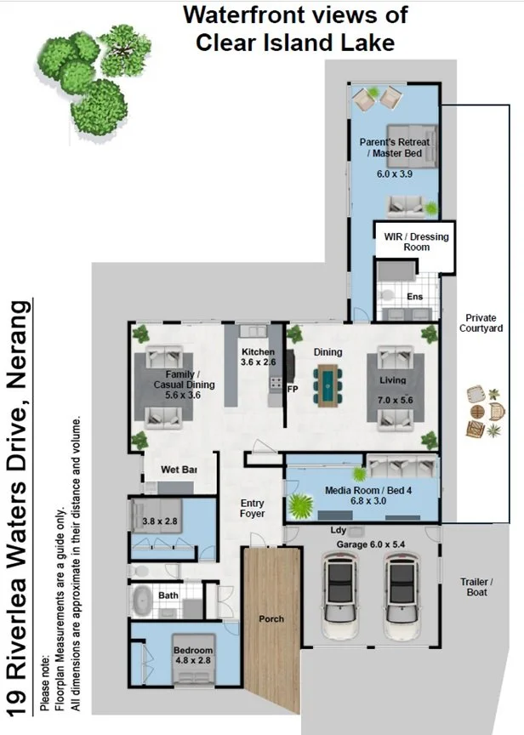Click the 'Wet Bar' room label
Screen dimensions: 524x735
click(x=179, y=470)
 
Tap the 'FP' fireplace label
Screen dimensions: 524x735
click(x=293, y=389)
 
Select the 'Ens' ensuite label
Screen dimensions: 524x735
click(x=415, y=296)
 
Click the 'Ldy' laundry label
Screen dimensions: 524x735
click(x=338, y=530)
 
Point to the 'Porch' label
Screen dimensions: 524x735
click(x=271, y=618)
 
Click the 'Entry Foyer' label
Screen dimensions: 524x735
click(x=252, y=508)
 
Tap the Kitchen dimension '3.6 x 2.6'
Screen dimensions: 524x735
click(x=259, y=362)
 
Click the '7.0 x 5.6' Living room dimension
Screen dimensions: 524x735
click(x=395, y=400)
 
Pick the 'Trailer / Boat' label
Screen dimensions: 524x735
click(x=476, y=587)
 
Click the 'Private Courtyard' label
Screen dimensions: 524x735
click(x=481, y=323)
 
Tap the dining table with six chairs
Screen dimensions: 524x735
click(x=327, y=385)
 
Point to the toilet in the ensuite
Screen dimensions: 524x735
click(x=387, y=295)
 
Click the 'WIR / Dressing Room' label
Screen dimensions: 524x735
click(x=416, y=242)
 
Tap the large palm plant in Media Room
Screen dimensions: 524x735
click(x=300, y=505)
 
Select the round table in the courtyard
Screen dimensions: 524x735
click(x=477, y=412)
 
